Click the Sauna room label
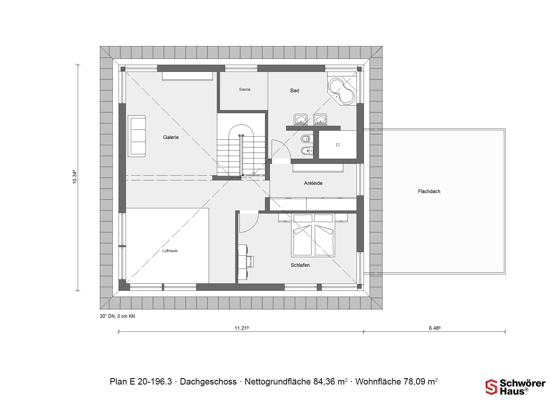pyautogui.click(x=245, y=89)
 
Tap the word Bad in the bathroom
pyautogui.click(x=294, y=90)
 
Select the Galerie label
pyautogui.click(x=171, y=137)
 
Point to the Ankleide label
pyautogui.click(x=313, y=183)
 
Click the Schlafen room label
pyautogui.click(x=300, y=265)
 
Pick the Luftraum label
pyautogui.click(x=170, y=251)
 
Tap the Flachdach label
pyautogui.click(x=429, y=191)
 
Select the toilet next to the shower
pyautogui.click(x=306, y=139)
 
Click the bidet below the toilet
pyautogui.click(x=307, y=151)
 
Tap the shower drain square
pyautogui.click(x=338, y=145)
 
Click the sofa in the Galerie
pyautogui.click(x=137, y=136)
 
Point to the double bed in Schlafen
pyautogui.click(x=313, y=235)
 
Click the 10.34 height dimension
pyautogui.click(x=75, y=177)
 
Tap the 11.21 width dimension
pyautogui.click(x=242, y=328)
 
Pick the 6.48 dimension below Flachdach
pyautogui.click(x=435, y=328)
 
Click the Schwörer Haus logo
pyautogui.click(x=516, y=387)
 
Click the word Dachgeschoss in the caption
pyautogui.click(x=208, y=382)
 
